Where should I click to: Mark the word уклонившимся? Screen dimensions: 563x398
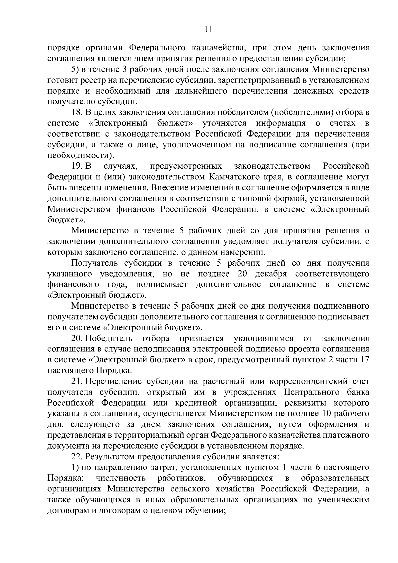[264, 339]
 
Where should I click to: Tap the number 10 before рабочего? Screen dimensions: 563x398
[327, 414]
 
